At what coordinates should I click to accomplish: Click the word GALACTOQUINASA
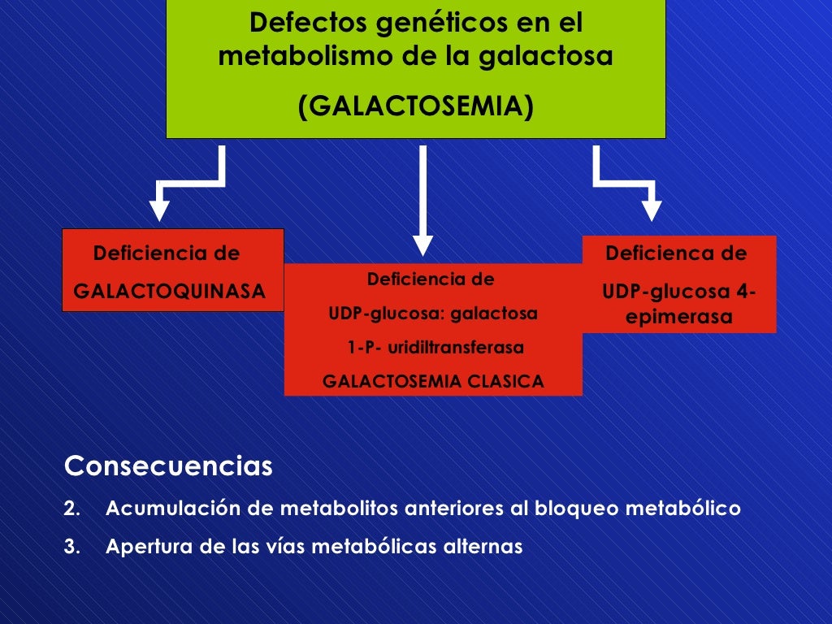(170, 291)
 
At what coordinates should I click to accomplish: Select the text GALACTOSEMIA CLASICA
(433, 381)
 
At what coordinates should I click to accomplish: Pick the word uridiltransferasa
(456, 348)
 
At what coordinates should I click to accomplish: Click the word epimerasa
(678, 318)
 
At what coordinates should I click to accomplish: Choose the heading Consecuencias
(168, 467)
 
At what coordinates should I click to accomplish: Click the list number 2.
(71, 509)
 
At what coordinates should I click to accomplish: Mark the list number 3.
(71, 547)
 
